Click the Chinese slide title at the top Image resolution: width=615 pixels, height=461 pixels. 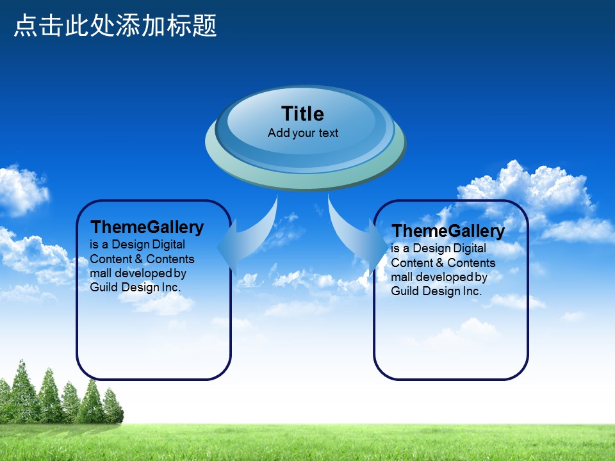pos(115,26)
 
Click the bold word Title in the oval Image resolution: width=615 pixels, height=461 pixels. pos(303,114)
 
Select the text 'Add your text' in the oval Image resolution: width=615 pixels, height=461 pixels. pos(303,133)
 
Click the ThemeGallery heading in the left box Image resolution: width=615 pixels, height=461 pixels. pos(147,227)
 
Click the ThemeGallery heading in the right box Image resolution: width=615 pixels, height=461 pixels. pos(448,231)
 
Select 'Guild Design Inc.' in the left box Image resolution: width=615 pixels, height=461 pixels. pos(135,287)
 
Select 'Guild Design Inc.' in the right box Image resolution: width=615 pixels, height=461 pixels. pos(436,291)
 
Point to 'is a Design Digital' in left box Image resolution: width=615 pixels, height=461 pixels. pos(137,245)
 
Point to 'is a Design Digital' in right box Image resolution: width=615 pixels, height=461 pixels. pos(438,248)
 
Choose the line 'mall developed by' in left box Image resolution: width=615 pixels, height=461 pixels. pos(138,273)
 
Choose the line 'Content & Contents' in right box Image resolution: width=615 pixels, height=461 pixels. pos(443,263)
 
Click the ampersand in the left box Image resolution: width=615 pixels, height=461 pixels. pos(139,259)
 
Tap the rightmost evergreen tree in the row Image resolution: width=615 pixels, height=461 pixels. pos(113,406)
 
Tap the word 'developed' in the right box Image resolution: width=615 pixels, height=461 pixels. pos(445,277)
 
